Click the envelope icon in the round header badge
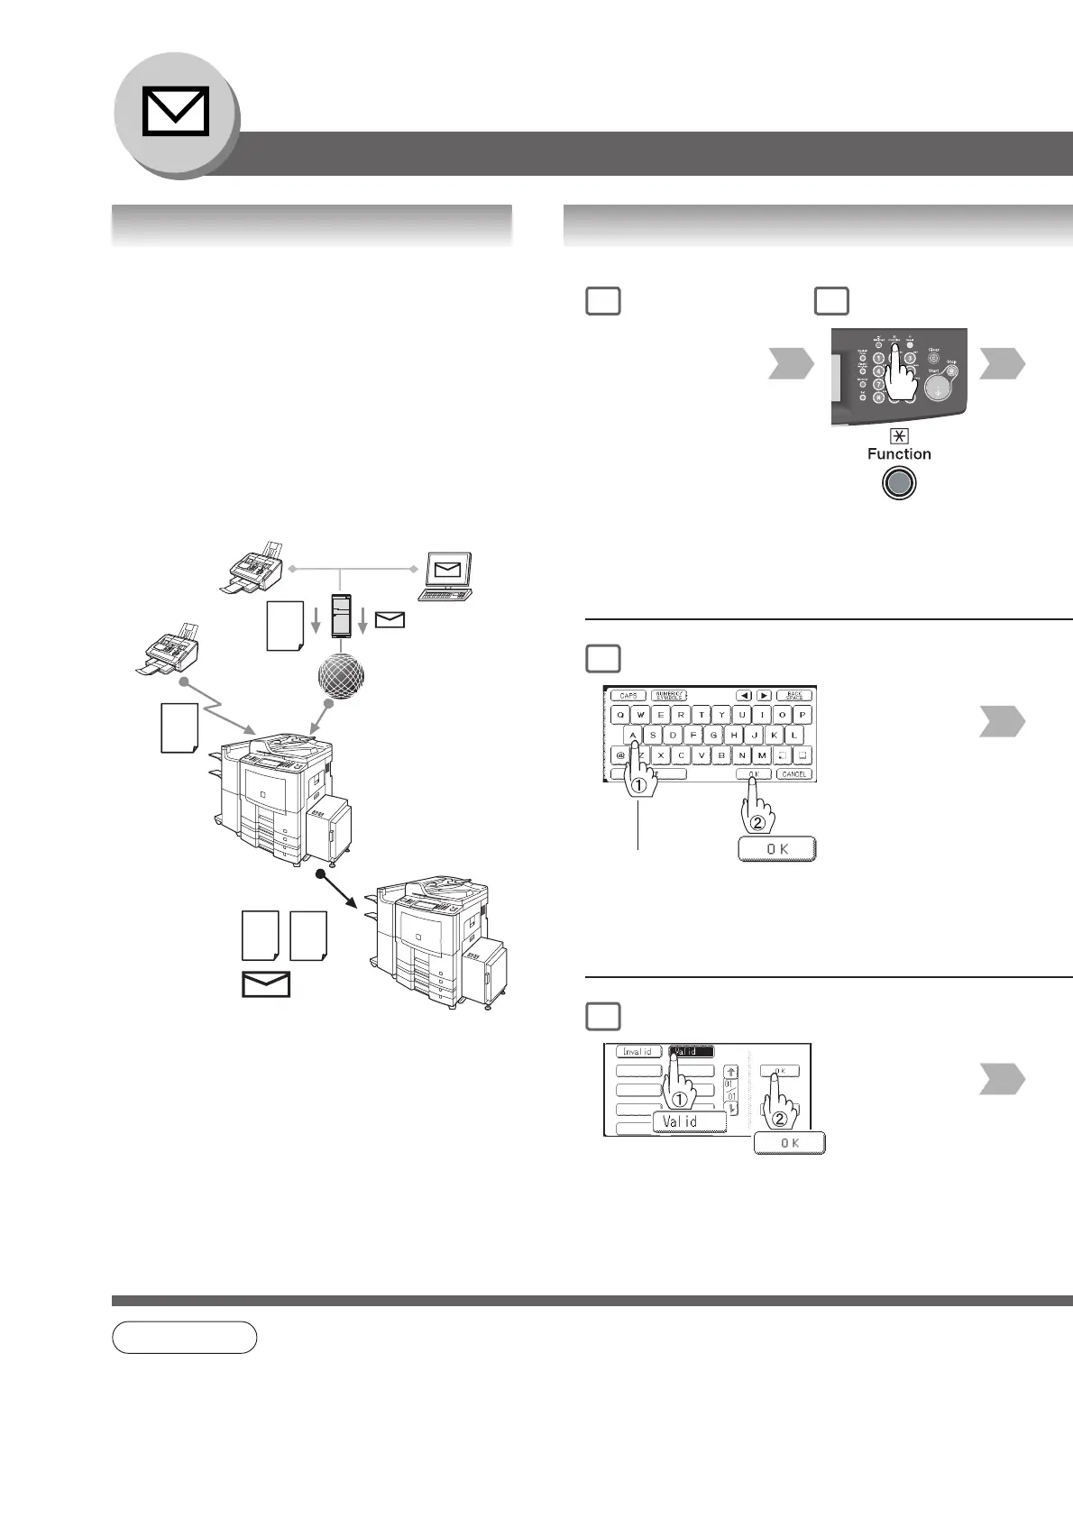176,112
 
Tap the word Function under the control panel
899,453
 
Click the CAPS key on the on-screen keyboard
628,695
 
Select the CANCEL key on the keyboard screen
794,773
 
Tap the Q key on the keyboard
620,715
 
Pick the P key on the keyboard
802,715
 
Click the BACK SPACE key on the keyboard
793,695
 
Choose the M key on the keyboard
762,755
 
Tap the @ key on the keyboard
620,755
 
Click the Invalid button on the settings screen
638,1051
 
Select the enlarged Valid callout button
689,1121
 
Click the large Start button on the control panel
939,387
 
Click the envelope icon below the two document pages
266,984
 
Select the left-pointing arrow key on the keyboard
745,695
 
